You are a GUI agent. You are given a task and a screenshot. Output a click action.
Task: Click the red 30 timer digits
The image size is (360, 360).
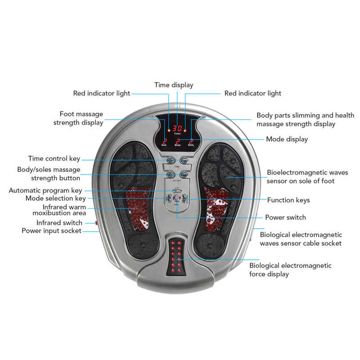tap(177, 128)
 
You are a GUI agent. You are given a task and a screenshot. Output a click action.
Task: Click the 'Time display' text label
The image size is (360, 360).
tap(174, 85)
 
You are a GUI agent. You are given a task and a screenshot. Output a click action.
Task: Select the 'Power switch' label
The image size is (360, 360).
tap(285, 217)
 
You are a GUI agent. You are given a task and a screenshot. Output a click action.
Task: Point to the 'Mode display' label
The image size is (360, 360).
tap(287, 139)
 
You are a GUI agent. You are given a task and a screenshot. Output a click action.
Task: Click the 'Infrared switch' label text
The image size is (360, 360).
tap(59, 223)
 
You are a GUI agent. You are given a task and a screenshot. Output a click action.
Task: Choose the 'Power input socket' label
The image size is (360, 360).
tap(52, 231)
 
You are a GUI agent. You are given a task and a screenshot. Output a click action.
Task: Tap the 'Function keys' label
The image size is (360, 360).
tap(288, 200)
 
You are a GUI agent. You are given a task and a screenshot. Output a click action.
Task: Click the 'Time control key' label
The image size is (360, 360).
tap(54, 158)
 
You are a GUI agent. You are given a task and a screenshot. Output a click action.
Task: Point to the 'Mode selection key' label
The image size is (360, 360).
tap(55, 198)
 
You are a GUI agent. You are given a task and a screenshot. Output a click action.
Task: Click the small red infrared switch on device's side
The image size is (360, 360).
tap(96, 222)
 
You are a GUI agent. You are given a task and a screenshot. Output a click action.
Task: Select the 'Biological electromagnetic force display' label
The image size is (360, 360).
tap(290, 270)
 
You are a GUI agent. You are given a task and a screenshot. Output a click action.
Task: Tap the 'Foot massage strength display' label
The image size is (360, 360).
tap(78, 118)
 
